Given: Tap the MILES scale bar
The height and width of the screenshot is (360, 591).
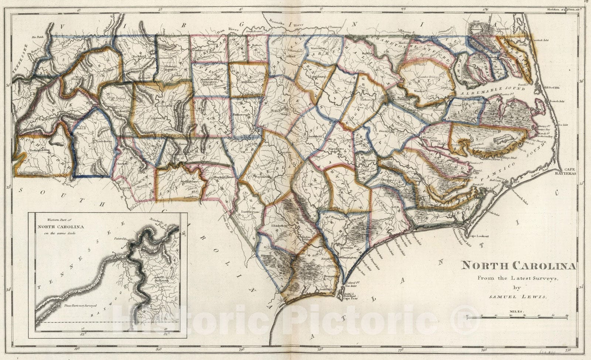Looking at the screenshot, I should pos(517,316).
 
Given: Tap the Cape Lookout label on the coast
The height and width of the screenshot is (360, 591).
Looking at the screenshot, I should pos(479,236).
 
